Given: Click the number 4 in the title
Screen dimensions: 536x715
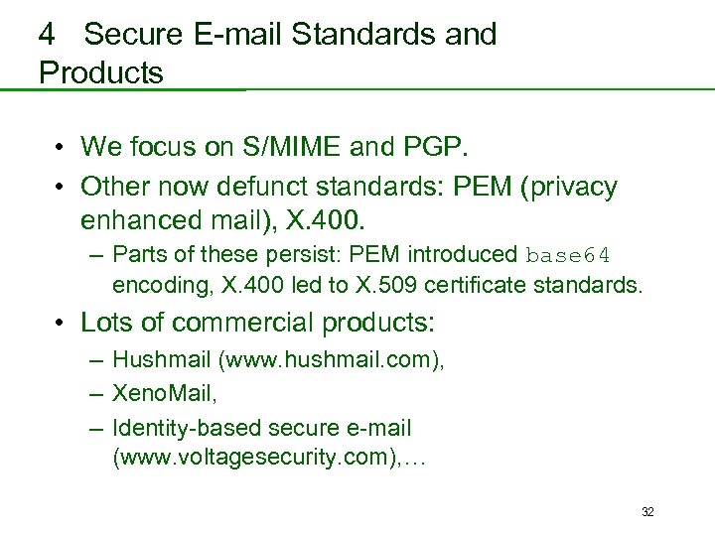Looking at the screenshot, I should (47, 35).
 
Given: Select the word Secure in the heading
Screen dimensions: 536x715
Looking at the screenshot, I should (134, 35).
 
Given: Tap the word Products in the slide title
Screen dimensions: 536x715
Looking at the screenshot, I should (101, 72).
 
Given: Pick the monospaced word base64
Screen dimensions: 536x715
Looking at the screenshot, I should (569, 255).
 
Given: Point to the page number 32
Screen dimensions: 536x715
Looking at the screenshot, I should (647, 512).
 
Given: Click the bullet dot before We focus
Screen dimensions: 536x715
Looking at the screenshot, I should (61, 149).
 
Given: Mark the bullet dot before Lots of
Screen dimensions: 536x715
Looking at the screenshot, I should (61, 324).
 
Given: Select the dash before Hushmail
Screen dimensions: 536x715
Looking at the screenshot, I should (95, 360).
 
